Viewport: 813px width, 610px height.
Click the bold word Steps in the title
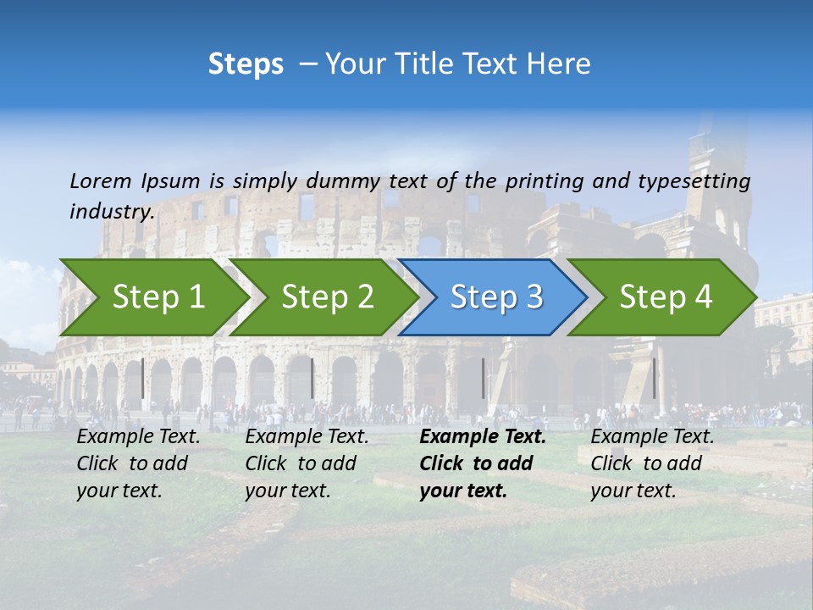click(246, 64)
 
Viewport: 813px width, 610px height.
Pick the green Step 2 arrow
click(327, 297)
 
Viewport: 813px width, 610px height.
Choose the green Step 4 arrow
click(666, 297)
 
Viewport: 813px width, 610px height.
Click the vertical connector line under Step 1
click(142, 378)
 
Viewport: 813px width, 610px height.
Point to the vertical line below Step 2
click(312, 378)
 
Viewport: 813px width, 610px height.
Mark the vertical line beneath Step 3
click(484, 378)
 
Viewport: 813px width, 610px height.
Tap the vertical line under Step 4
click(654, 378)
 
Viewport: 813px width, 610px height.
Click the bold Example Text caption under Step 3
click(483, 463)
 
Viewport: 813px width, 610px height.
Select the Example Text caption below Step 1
click(138, 463)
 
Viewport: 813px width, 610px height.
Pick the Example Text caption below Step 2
click(307, 463)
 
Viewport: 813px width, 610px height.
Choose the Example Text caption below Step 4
click(652, 463)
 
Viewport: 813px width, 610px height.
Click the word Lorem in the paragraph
click(101, 181)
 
